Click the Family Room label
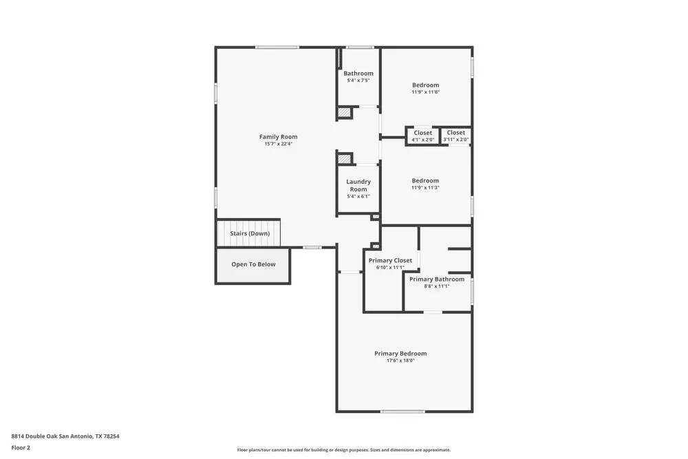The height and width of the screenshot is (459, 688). (278, 137)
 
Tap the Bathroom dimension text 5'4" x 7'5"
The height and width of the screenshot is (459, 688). (358, 81)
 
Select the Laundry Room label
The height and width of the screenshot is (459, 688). (358, 185)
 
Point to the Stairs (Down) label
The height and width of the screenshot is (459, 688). (250, 233)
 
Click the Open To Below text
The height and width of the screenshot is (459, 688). (253, 264)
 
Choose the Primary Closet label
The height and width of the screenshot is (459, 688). (390, 260)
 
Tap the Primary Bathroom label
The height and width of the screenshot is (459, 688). (437, 279)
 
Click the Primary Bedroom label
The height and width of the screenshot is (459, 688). (400, 354)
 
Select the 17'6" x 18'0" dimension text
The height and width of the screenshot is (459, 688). (400, 361)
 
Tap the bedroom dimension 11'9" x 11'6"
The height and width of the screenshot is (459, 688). (425, 92)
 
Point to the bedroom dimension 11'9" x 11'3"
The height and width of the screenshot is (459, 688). (425, 188)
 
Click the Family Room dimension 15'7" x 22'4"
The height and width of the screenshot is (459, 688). (278, 144)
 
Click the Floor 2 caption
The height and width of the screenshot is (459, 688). (21, 447)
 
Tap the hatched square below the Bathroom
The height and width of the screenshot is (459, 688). (344, 112)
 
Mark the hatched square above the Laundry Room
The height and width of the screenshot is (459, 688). (344, 159)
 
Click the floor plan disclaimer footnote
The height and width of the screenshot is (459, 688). (344, 450)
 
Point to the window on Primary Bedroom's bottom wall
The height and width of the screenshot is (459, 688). (402, 412)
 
